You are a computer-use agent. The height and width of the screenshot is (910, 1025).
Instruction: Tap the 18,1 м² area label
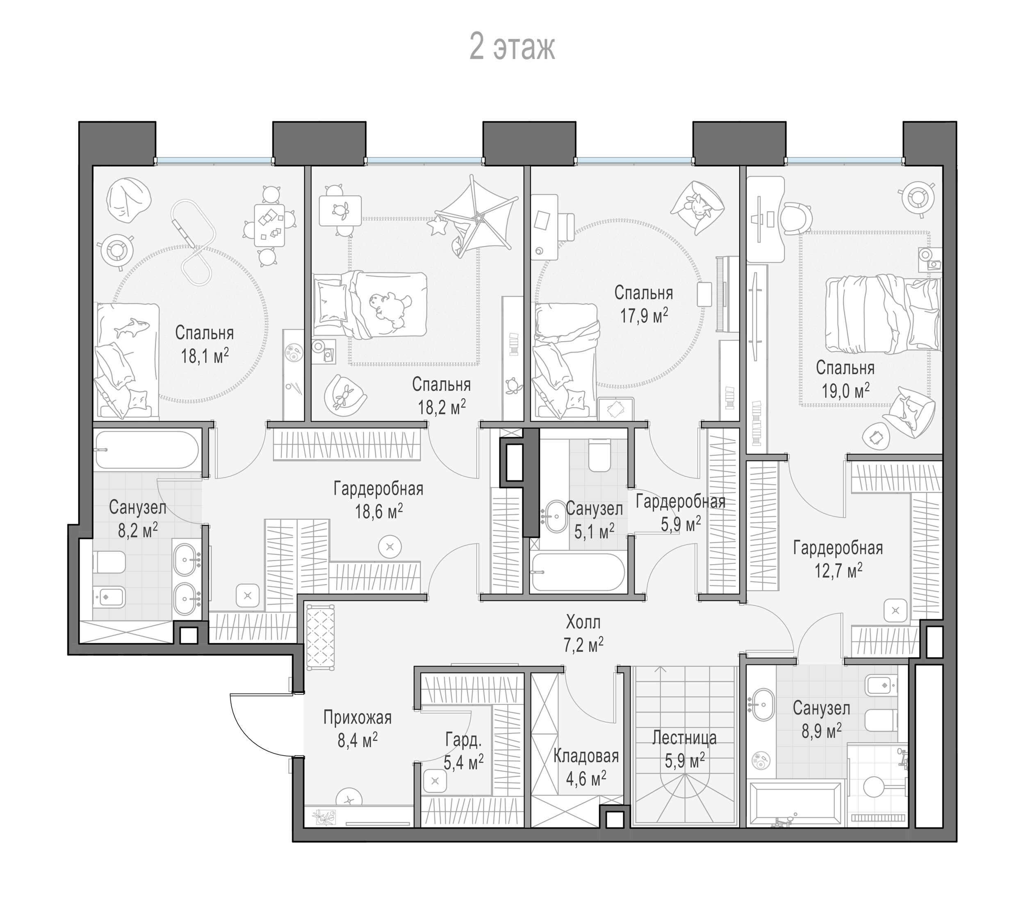(x=205, y=357)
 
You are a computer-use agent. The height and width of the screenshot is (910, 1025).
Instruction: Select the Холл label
(x=583, y=623)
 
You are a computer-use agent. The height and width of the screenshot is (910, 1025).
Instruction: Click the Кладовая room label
(x=586, y=756)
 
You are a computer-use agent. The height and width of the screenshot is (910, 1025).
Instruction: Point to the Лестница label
(x=685, y=738)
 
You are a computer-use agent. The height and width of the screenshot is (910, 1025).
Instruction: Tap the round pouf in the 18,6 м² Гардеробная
(x=391, y=546)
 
